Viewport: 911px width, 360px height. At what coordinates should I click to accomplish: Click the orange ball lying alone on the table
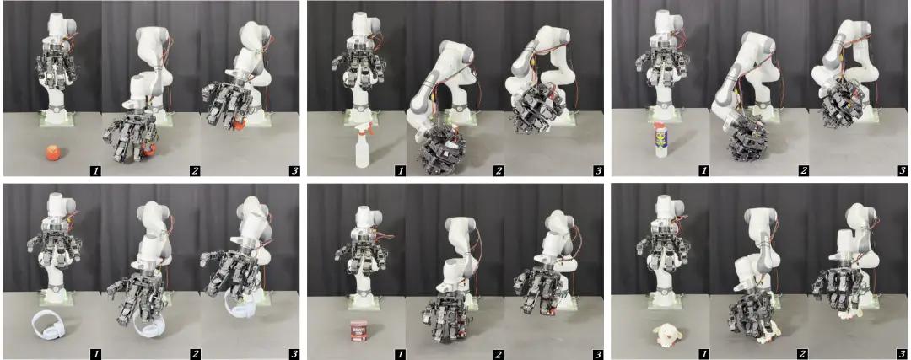coord(53,153)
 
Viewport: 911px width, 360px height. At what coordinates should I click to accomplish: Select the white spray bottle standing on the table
coord(361,148)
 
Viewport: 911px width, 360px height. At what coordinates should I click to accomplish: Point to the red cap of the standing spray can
coord(660,125)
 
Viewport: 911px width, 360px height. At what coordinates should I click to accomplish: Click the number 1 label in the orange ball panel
coord(92,170)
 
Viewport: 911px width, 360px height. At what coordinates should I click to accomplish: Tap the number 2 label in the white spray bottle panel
coord(499,170)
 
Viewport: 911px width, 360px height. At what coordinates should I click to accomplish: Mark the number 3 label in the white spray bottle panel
coord(598,170)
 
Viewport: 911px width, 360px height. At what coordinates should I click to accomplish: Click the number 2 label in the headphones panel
coord(195,352)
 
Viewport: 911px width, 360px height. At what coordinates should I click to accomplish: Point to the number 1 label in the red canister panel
coord(401,353)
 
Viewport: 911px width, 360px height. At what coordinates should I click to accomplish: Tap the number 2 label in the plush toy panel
coord(803,352)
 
